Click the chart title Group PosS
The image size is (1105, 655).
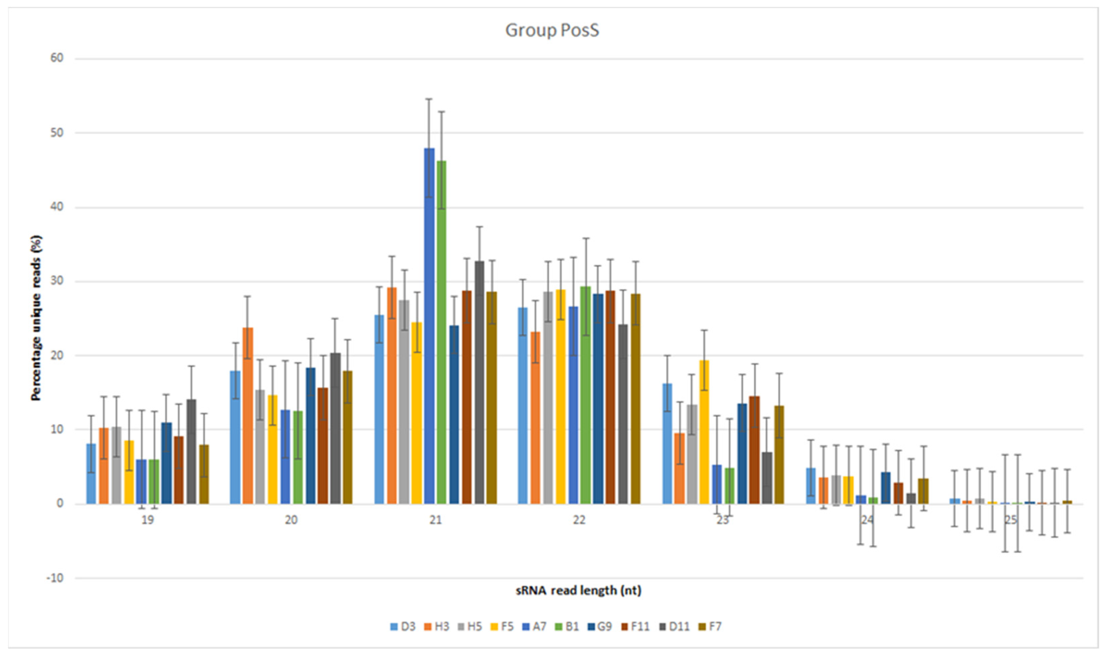click(x=552, y=30)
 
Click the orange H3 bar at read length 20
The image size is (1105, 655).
click(x=248, y=415)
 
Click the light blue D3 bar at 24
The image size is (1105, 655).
click(x=811, y=486)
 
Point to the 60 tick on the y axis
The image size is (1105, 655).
click(x=57, y=58)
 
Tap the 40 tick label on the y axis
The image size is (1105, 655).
click(x=57, y=207)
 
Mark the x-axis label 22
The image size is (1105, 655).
click(x=579, y=520)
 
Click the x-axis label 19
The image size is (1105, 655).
click(x=147, y=520)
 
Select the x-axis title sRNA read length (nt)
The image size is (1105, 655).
click(x=578, y=591)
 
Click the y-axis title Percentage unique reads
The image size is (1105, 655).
click(x=36, y=318)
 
